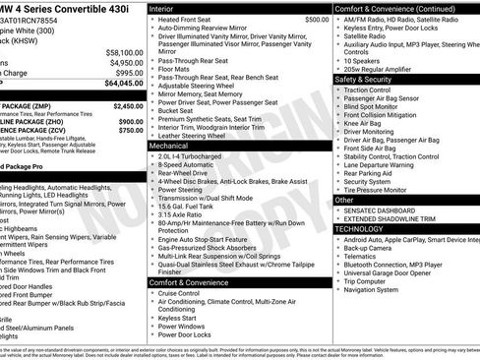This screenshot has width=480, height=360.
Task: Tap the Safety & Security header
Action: coord(363,79)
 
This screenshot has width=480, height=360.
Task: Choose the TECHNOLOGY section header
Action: coord(359,228)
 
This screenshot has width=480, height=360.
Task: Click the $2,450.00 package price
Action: coord(128,103)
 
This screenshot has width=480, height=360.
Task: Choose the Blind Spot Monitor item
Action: coord(374,106)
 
